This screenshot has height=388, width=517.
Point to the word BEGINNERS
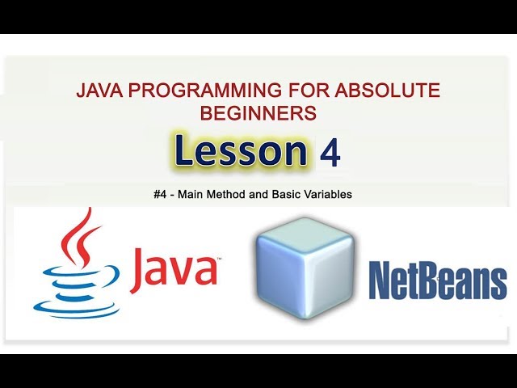pyautogui.click(x=258, y=113)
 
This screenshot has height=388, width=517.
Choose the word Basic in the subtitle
pyautogui.click(x=283, y=195)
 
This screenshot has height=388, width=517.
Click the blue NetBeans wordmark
pyautogui.click(x=437, y=280)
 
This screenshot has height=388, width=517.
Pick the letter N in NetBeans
pyautogui.click(x=380, y=280)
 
